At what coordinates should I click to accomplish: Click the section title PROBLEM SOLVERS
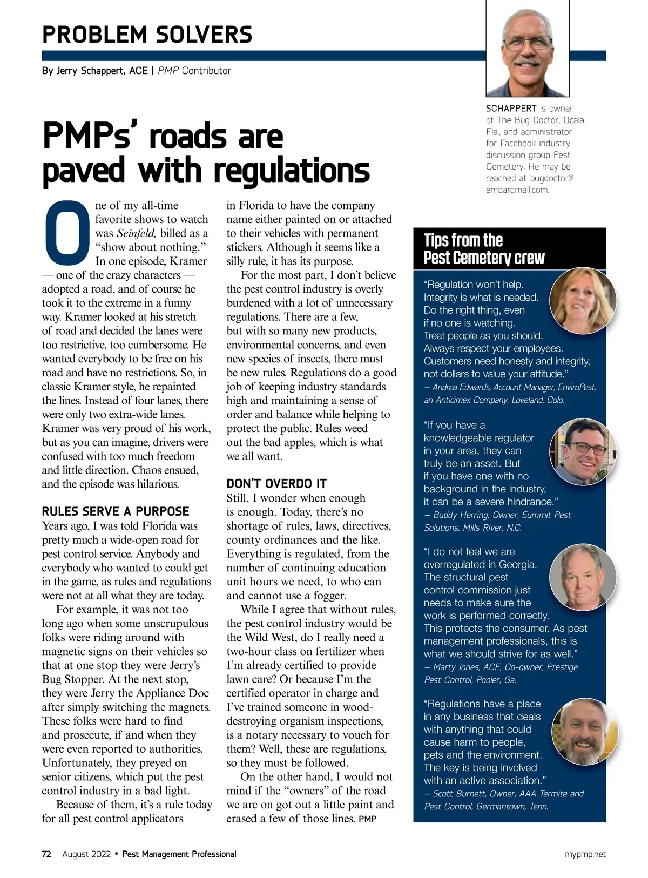(x=147, y=35)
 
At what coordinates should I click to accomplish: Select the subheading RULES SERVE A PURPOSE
(x=116, y=511)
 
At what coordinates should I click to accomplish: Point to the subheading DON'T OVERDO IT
(x=276, y=483)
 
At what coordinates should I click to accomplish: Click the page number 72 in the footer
(x=46, y=854)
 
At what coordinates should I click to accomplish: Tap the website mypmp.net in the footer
(x=585, y=854)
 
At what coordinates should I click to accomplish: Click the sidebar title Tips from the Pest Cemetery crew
(x=484, y=249)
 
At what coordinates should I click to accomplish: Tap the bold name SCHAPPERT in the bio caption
(x=511, y=109)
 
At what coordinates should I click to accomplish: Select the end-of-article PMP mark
(x=367, y=819)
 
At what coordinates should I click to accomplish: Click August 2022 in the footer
(x=86, y=854)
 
